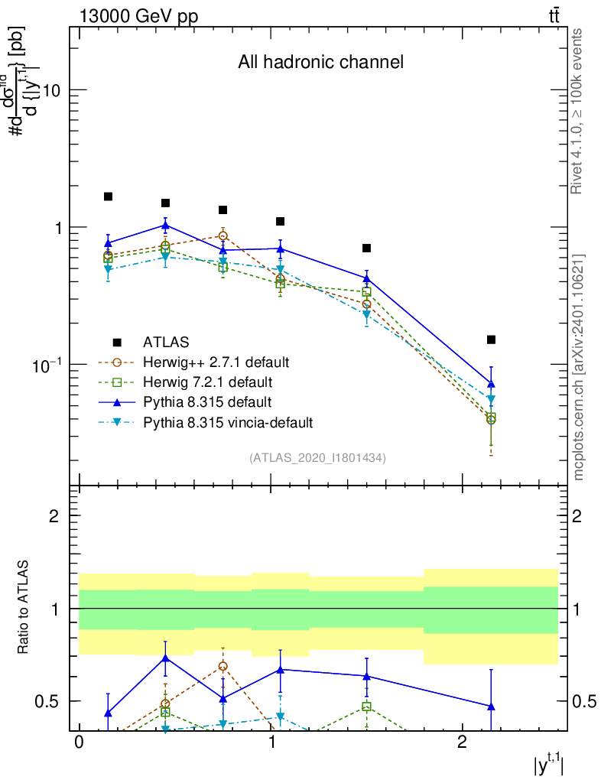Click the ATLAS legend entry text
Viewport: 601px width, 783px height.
coord(166,342)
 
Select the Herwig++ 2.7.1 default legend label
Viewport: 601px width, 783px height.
coord(216,362)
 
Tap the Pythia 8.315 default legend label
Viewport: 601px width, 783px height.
coord(206,401)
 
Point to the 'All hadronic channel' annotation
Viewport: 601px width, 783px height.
coord(320,62)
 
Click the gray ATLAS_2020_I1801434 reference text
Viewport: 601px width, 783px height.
coord(317,458)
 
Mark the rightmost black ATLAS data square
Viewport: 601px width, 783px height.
coord(491,340)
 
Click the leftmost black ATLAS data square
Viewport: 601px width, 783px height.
coord(108,197)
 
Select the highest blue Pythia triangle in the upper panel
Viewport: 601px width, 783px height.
coord(165,225)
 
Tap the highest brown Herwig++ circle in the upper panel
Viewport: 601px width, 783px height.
coord(223,236)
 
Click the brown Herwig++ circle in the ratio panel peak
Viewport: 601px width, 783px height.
coord(223,666)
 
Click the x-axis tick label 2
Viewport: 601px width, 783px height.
coord(461,744)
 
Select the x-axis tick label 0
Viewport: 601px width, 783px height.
coord(79,744)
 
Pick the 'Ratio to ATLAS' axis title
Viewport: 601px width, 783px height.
coord(24,608)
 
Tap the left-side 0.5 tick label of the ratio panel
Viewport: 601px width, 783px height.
coord(51,701)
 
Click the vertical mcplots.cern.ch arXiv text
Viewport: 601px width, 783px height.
coord(579,367)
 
